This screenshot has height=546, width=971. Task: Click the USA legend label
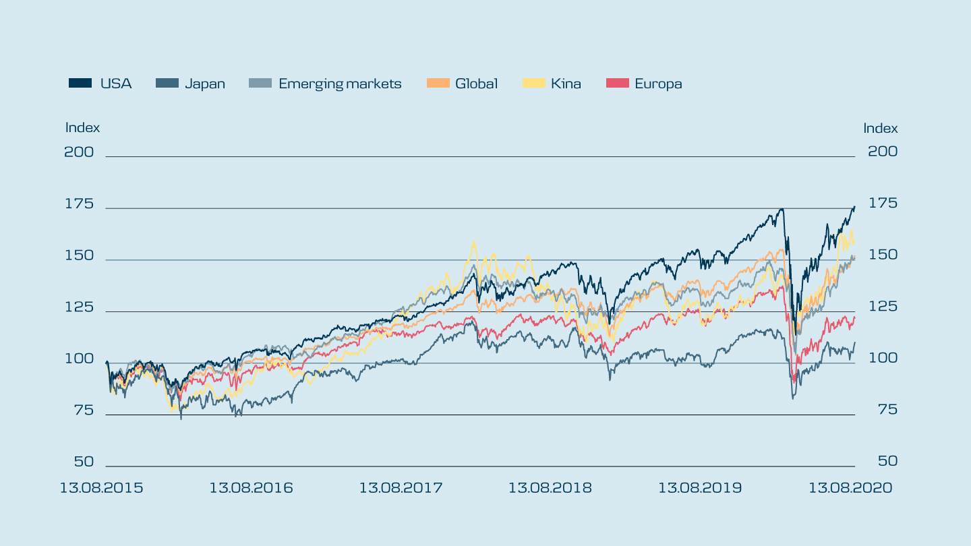pyautogui.click(x=116, y=84)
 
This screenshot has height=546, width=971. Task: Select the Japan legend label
pyautogui.click(x=205, y=84)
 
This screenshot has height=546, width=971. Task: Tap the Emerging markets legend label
pyautogui.click(x=340, y=84)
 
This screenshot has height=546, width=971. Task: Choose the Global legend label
pyautogui.click(x=476, y=84)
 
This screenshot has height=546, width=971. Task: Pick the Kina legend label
pyautogui.click(x=566, y=84)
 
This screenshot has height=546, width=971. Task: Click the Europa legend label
pyautogui.click(x=658, y=84)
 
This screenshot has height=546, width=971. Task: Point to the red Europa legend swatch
pyautogui.click(x=618, y=84)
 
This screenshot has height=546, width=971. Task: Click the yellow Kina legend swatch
pyautogui.click(x=534, y=84)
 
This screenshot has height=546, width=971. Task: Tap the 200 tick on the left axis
pyautogui.click(x=79, y=152)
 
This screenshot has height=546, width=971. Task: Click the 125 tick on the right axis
pyautogui.click(x=883, y=307)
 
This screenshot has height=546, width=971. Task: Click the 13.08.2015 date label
pyautogui.click(x=101, y=487)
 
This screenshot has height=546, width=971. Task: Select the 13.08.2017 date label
pyautogui.click(x=401, y=487)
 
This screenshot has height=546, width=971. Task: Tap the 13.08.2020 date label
pyautogui.click(x=850, y=487)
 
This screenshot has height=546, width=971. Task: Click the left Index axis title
pyautogui.click(x=82, y=127)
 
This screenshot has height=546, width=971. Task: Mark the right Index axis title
pyautogui.click(x=881, y=128)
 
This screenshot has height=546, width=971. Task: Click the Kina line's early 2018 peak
pyautogui.click(x=474, y=241)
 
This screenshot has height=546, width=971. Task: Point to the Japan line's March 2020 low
pyautogui.click(x=793, y=398)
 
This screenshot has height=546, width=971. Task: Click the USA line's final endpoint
pyautogui.click(x=854, y=206)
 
